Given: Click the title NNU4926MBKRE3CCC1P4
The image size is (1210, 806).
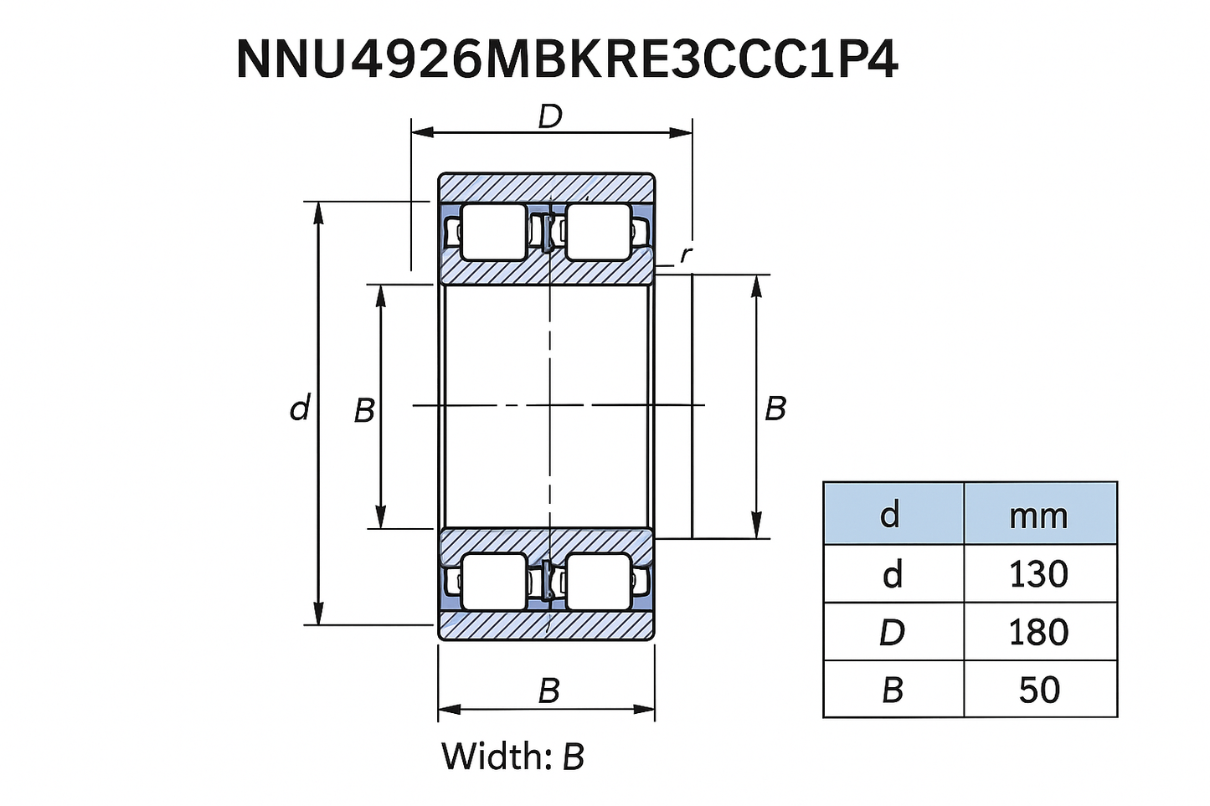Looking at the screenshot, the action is click(567, 59).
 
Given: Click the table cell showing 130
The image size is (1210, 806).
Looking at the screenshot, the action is click(1040, 573).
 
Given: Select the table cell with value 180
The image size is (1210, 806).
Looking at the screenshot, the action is click(1040, 632).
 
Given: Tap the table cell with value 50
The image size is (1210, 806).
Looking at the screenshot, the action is click(1040, 689).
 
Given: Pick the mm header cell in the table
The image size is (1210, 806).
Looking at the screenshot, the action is click(1040, 514).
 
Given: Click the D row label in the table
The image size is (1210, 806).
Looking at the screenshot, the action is click(893, 632).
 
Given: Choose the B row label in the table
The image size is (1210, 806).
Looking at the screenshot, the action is click(893, 689).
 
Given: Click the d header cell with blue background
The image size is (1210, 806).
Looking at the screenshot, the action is click(893, 514).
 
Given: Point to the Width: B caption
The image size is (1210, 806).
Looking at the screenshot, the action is click(513, 757).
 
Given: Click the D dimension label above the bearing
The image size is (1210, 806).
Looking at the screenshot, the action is click(550, 116).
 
